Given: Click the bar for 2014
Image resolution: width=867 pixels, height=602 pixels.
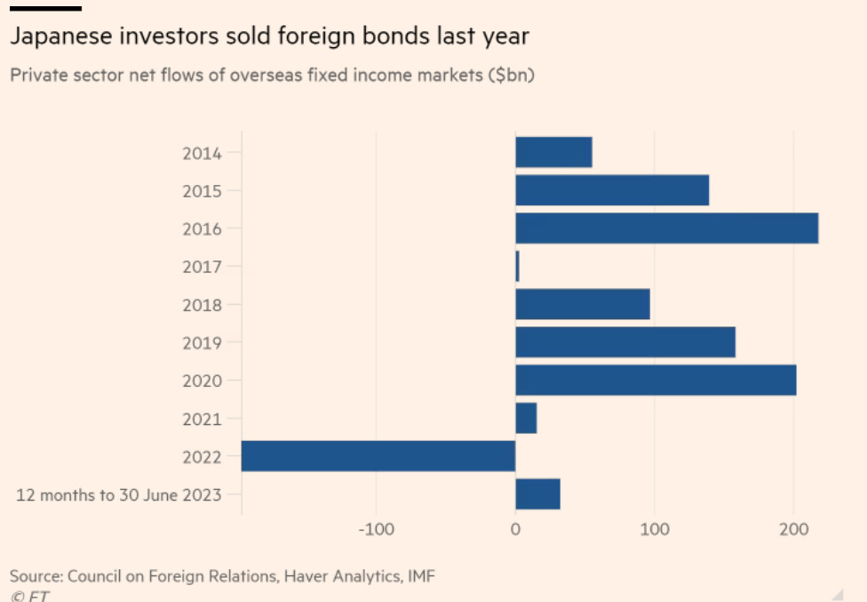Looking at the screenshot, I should pos(553,152).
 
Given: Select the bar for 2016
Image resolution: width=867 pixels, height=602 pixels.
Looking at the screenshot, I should pos(666,229).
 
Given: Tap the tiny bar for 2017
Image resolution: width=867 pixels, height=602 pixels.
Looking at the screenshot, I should pos(518,267).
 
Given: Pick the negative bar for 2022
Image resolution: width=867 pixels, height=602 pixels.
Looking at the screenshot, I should pos(378,456).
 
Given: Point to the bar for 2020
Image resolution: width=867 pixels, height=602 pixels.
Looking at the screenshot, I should pos(656,381).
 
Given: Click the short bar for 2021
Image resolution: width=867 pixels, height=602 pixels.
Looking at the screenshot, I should pos(526,418).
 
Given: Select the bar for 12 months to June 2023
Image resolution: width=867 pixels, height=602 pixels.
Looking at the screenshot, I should pos(537,494).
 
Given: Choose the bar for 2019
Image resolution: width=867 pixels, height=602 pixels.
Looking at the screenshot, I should pos(625,342).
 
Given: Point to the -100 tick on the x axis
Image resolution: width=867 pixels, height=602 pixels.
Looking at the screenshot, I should pos(376,531).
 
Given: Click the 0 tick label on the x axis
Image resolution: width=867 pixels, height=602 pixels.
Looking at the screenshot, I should pos(515,531).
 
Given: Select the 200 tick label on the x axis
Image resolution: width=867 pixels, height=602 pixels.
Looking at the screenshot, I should pos(793,531).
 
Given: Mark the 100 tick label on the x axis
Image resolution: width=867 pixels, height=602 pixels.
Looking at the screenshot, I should pos(655,531).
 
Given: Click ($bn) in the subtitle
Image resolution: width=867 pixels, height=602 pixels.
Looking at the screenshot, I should pos(511,75).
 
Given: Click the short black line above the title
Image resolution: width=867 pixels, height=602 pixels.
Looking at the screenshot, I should pos(45,8).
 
